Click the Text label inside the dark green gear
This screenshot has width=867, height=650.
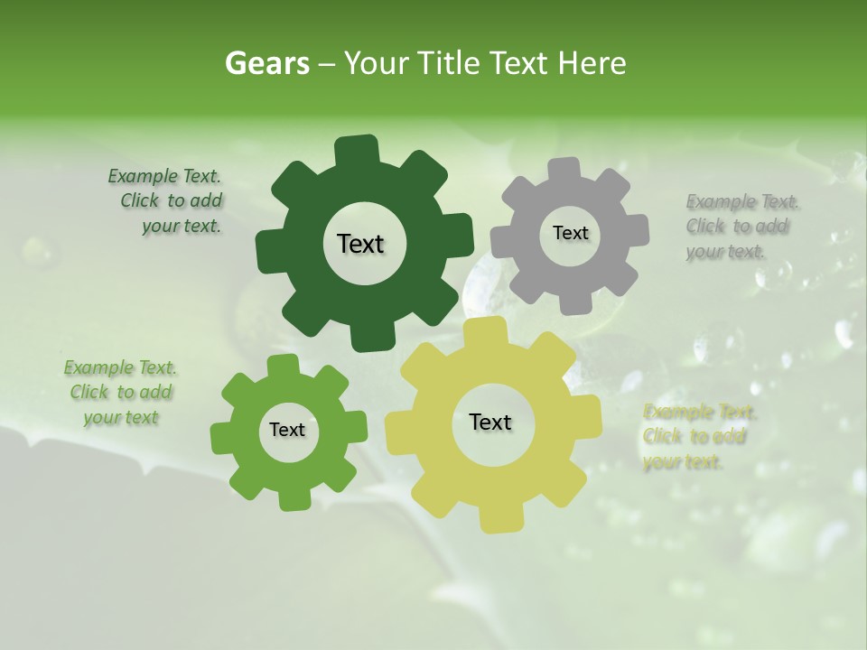[360, 244]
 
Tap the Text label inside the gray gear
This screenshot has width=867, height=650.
[570, 233]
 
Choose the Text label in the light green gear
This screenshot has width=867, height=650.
[287, 431]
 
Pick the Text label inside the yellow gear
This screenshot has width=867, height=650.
[490, 422]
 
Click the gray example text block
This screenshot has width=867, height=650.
[738, 227]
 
